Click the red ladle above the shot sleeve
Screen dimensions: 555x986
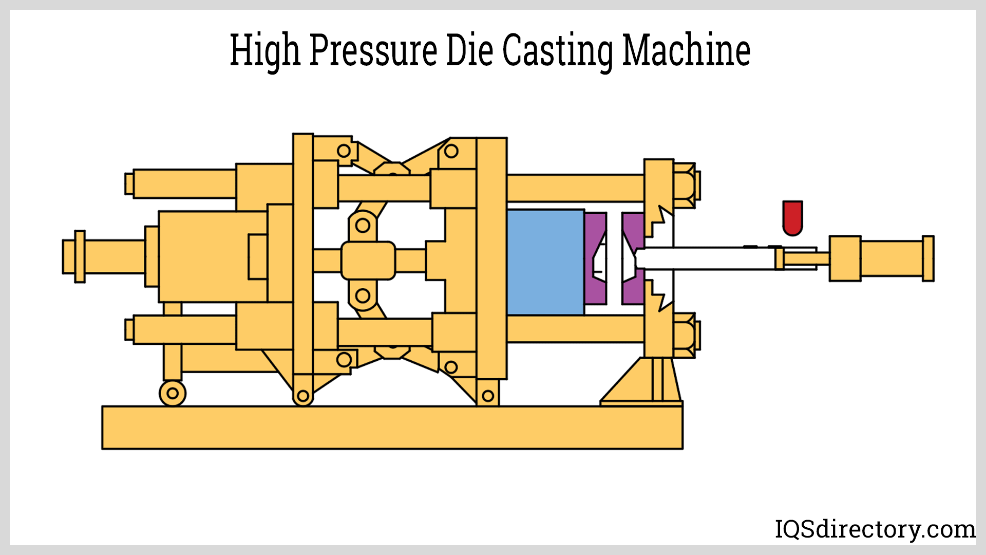pyautogui.click(x=792, y=217)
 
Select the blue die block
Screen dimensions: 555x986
pyautogui.click(x=545, y=262)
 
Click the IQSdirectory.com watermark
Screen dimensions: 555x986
pyautogui.click(x=875, y=529)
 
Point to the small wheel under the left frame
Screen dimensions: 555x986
pyautogui.click(x=173, y=394)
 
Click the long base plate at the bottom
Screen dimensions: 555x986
pyautogui.click(x=392, y=428)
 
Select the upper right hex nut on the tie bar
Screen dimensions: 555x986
pyautogui.click(x=684, y=186)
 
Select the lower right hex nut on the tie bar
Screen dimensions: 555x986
pyautogui.click(x=684, y=336)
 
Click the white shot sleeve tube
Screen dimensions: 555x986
pyautogui.click(x=706, y=258)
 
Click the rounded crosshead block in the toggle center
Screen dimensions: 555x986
pyautogui.click(x=368, y=261)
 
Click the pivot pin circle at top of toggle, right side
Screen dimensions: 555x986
pyautogui.click(x=451, y=151)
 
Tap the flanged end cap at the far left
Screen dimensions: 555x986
pyautogui.click(x=80, y=256)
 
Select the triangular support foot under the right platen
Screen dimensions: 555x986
pyautogui.click(x=642, y=383)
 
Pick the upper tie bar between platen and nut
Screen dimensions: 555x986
pyautogui.click(x=575, y=188)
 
